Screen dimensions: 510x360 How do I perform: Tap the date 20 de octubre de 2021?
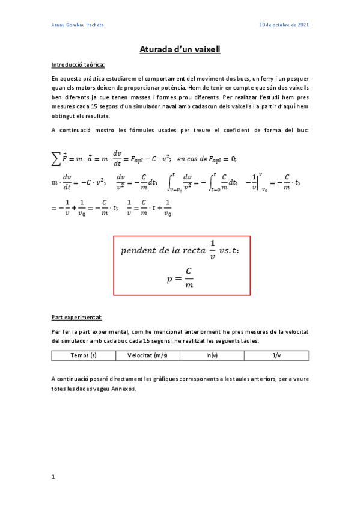[284, 25]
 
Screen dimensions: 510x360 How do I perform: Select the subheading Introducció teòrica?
[78, 64]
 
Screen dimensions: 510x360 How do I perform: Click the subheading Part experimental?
[76, 317]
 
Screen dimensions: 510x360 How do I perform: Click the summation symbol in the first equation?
[57, 159]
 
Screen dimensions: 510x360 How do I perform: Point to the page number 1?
[53, 477]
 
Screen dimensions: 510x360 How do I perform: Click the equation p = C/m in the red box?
[182, 278]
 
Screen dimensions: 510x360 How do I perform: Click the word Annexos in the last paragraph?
[124, 388]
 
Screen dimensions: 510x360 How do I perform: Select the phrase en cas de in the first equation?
[194, 159]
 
